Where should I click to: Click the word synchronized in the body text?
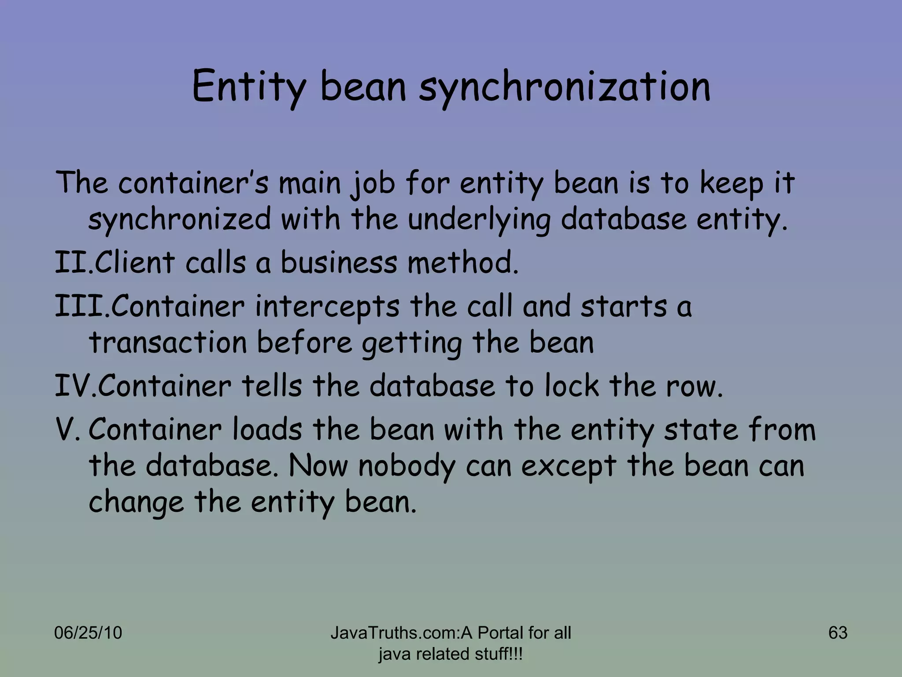click(180, 219)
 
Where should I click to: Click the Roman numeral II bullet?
click(71, 262)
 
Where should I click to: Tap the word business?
click(339, 262)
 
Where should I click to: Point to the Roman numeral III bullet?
click(79, 306)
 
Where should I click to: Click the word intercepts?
click(327, 306)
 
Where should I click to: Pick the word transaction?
click(168, 342)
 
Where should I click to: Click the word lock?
click(571, 386)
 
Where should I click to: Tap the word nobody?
click(407, 466)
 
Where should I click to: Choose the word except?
click(569, 466)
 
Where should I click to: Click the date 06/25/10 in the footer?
click(88, 633)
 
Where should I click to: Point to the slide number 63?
click(838, 633)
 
